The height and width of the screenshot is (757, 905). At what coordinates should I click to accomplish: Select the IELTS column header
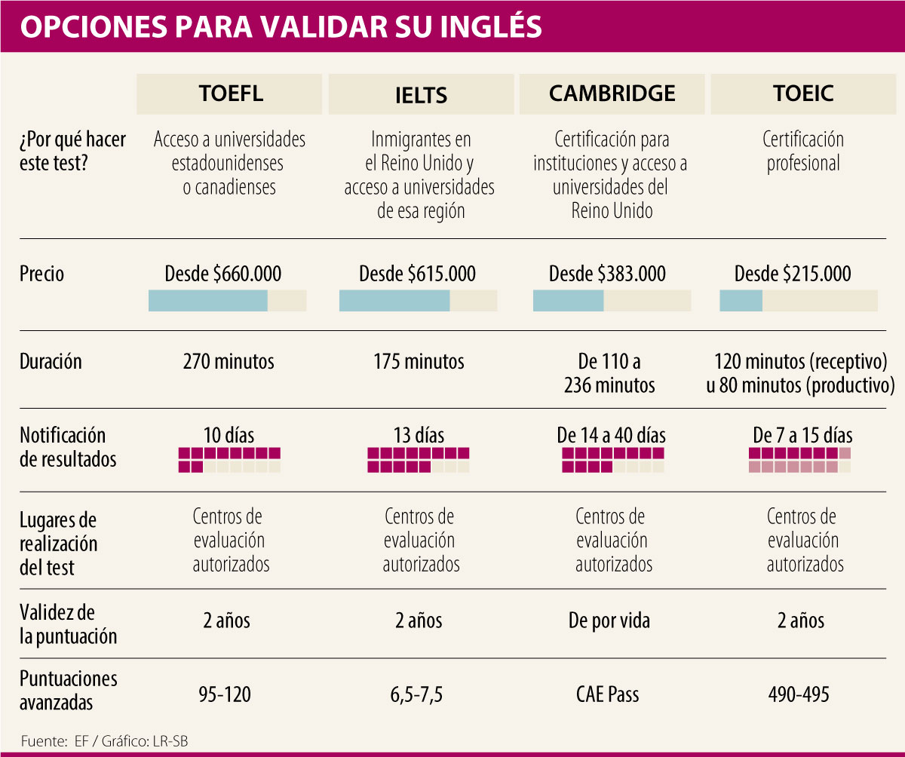click(421, 95)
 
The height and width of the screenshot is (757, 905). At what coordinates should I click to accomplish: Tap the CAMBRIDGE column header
click(612, 93)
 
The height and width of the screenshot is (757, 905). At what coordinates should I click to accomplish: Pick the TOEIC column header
click(803, 93)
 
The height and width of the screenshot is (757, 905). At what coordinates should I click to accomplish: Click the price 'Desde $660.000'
click(227, 274)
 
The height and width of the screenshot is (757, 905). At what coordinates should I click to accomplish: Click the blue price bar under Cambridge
click(568, 300)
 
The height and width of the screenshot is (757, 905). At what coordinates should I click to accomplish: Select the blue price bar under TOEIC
click(741, 300)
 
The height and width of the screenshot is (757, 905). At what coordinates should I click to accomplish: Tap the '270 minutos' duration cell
click(229, 362)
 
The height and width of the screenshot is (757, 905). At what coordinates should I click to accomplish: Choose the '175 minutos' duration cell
click(419, 362)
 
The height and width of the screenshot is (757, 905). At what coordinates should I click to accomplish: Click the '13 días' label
click(419, 436)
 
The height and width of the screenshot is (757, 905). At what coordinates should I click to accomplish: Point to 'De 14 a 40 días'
click(611, 436)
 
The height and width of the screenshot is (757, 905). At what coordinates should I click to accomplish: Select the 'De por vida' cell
click(609, 621)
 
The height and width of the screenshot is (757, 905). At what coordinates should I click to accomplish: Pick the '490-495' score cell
click(799, 694)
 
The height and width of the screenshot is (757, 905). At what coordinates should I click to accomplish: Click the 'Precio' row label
click(42, 274)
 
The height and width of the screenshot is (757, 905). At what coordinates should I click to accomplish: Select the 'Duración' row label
click(51, 362)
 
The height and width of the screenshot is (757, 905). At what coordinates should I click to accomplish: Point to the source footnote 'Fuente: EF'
click(57, 740)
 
